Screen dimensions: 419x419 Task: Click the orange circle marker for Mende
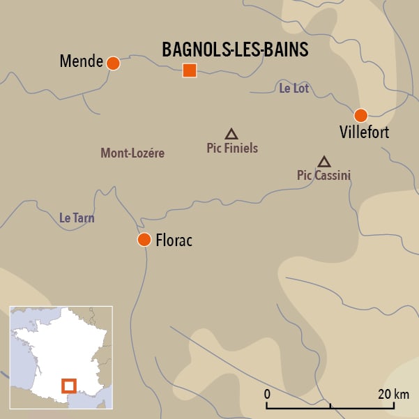pyautogui.click(x=113, y=63)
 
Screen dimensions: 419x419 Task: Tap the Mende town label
pyautogui.click(x=81, y=62)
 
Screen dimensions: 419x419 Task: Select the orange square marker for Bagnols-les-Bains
pyautogui.click(x=189, y=70)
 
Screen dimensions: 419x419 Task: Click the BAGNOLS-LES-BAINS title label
pyautogui.click(x=235, y=49)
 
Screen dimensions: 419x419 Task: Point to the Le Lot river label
pyautogui.click(x=294, y=89)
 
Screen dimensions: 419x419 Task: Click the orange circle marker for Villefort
pyautogui.click(x=360, y=115)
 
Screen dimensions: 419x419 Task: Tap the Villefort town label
pyautogui.click(x=364, y=132)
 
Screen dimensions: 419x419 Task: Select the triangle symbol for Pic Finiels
pyautogui.click(x=231, y=134)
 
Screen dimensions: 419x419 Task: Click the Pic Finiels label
pyautogui.click(x=232, y=148)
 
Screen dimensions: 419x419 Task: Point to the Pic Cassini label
pyautogui.click(x=323, y=175)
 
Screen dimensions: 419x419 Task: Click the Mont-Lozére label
pyautogui.click(x=132, y=153)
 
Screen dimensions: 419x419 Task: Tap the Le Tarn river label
pyautogui.click(x=77, y=218)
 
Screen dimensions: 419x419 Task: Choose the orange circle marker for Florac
pyautogui.click(x=144, y=240)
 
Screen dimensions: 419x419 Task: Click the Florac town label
pyautogui.click(x=174, y=241)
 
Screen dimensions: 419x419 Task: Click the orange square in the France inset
pyautogui.click(x=68, y=386)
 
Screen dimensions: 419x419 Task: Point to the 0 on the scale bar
pyautogui.click(x=267, y=394)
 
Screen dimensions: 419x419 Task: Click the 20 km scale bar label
pyautogui.click(x=393, y=394)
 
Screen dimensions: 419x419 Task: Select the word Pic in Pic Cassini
pyautogui.click(x=303, y=175)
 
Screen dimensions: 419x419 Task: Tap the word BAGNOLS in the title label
pyautogui.click(x=195, y=49)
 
